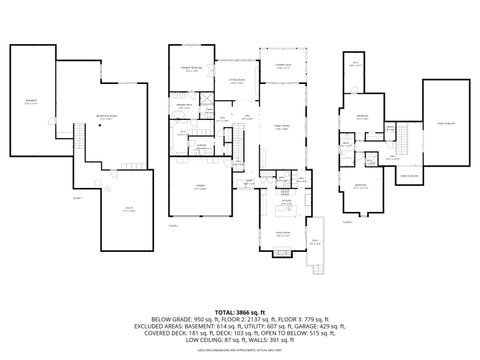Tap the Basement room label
click(x=31, y=101)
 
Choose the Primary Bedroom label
click(x=191, y=69)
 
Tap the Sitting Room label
click(x=236, y=82)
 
